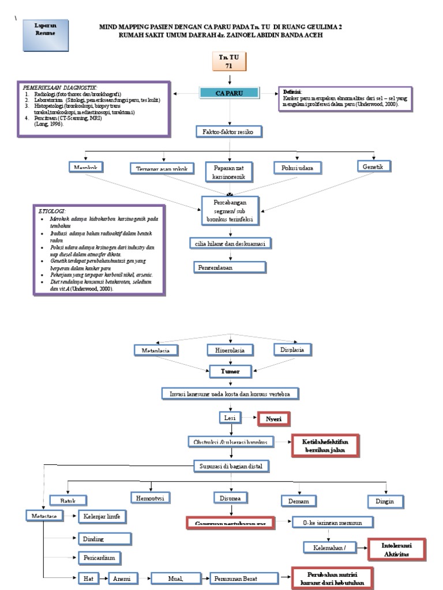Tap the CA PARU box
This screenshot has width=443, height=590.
point(230,93)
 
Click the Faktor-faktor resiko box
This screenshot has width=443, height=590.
point(229,132)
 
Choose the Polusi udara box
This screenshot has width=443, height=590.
point(298,168)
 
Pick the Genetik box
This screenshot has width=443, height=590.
point(374,167)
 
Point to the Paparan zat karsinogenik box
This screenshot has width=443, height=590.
point(230,171)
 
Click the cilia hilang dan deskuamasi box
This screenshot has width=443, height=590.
point(230,243)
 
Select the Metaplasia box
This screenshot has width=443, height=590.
point(153,350)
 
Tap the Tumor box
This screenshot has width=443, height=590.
point(230,372)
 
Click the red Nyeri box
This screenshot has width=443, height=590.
point(273,419)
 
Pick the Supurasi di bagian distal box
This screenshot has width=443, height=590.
point(230,465)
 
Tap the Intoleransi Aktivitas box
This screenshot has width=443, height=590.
point(396,549)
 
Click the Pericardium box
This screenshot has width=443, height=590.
point(102,558)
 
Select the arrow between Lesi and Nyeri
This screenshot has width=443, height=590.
point(249,417)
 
